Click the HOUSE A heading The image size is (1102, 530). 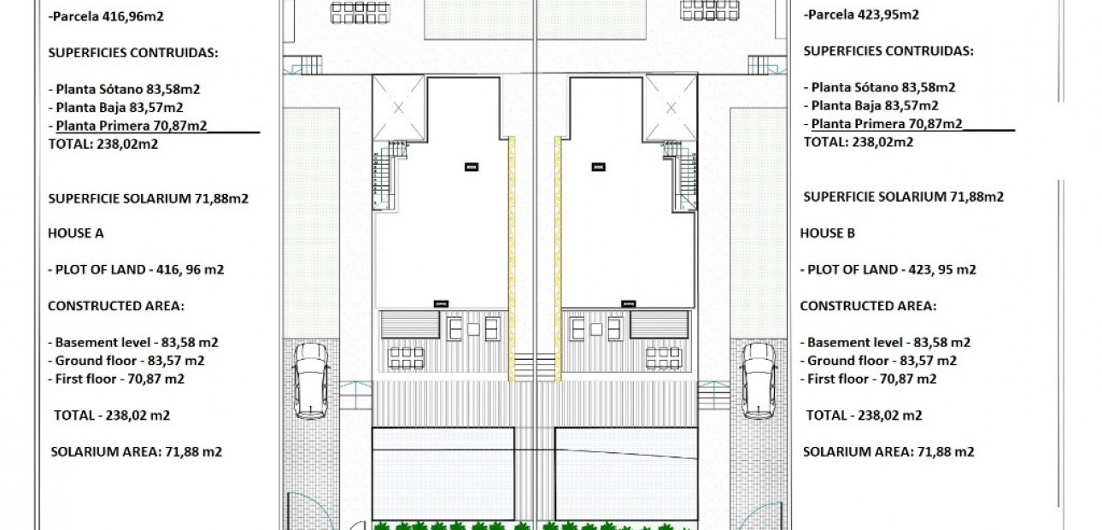coord(76,233)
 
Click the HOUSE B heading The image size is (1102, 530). coord(828,233)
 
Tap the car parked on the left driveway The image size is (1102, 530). coord(310,380)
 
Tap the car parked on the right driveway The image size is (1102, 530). coord(759,380)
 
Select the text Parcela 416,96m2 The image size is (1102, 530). coord(107,15)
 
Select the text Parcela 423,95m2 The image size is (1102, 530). coord(862,15)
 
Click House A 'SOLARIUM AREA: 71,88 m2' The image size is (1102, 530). coord(137,451)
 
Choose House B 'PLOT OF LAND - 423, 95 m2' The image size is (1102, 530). coord(888,269)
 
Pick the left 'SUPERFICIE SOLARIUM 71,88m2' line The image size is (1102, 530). coord(148,197)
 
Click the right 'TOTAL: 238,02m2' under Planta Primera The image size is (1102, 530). coord(858,143)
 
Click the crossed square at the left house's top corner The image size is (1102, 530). coord(399,108)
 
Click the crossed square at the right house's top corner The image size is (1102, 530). coord(671,108)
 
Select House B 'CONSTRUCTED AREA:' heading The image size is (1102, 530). coord(868,305)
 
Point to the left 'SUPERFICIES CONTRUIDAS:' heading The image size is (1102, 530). coord(132,52)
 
